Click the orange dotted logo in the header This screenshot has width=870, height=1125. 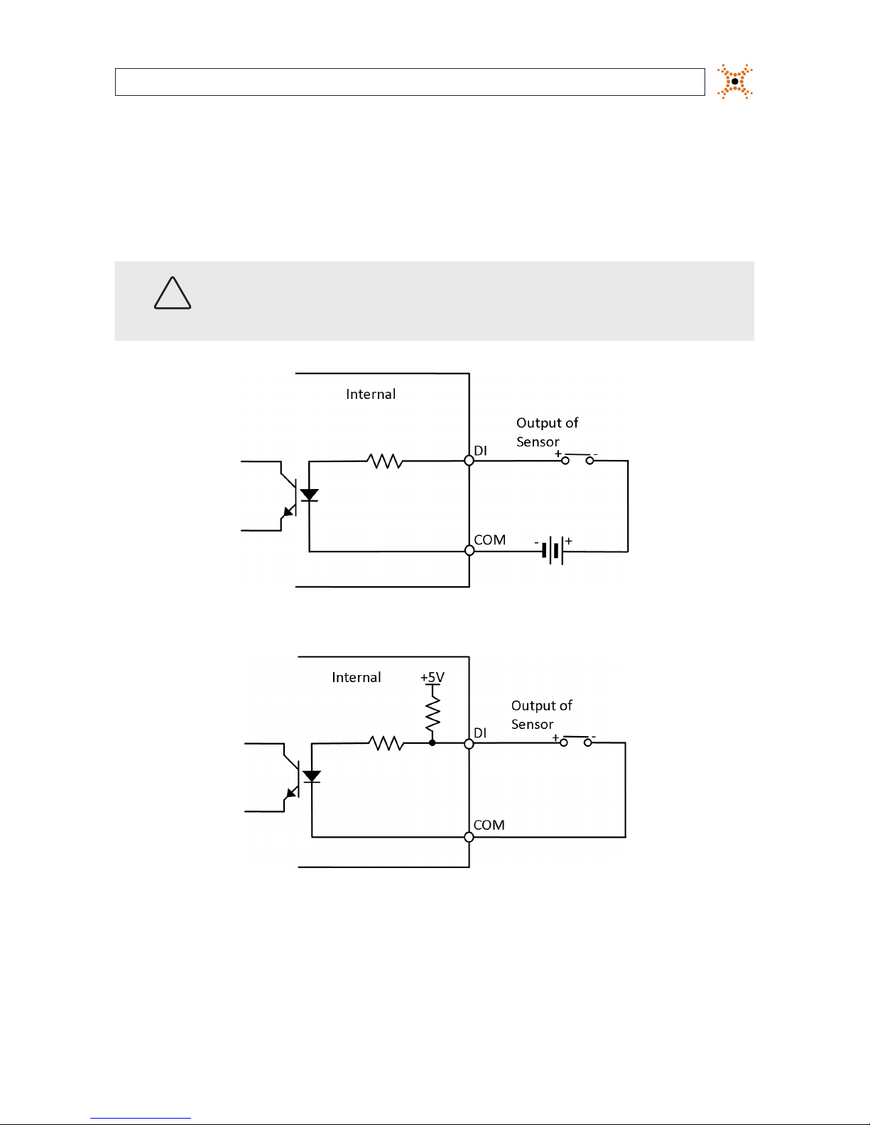point(734,82)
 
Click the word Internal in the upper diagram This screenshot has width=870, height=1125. point(371,395)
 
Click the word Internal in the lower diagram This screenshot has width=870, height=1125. point(357,678)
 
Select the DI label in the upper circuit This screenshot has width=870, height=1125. point(481,451)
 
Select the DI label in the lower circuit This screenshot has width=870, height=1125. point(480,732)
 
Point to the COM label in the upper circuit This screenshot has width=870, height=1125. point(490,540)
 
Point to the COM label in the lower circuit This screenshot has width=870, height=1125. point(489,825)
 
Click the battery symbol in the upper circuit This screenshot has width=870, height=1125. point(553,550)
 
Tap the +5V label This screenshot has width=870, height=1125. point(433,677)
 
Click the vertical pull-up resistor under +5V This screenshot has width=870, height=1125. point(433,713)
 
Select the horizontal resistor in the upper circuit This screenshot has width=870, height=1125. point(385,461)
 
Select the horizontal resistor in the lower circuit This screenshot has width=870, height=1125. point(386,743)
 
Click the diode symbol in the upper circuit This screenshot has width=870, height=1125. point(309,495)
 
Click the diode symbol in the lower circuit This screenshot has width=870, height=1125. point(312,776)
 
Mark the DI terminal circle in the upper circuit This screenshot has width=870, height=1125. point(469,460)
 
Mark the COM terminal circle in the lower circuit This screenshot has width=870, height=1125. point(469,837)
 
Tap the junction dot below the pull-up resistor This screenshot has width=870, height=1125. point(433,743)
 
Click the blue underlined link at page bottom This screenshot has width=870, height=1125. point(141,1119)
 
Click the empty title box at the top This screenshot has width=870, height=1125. point(410,82)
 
